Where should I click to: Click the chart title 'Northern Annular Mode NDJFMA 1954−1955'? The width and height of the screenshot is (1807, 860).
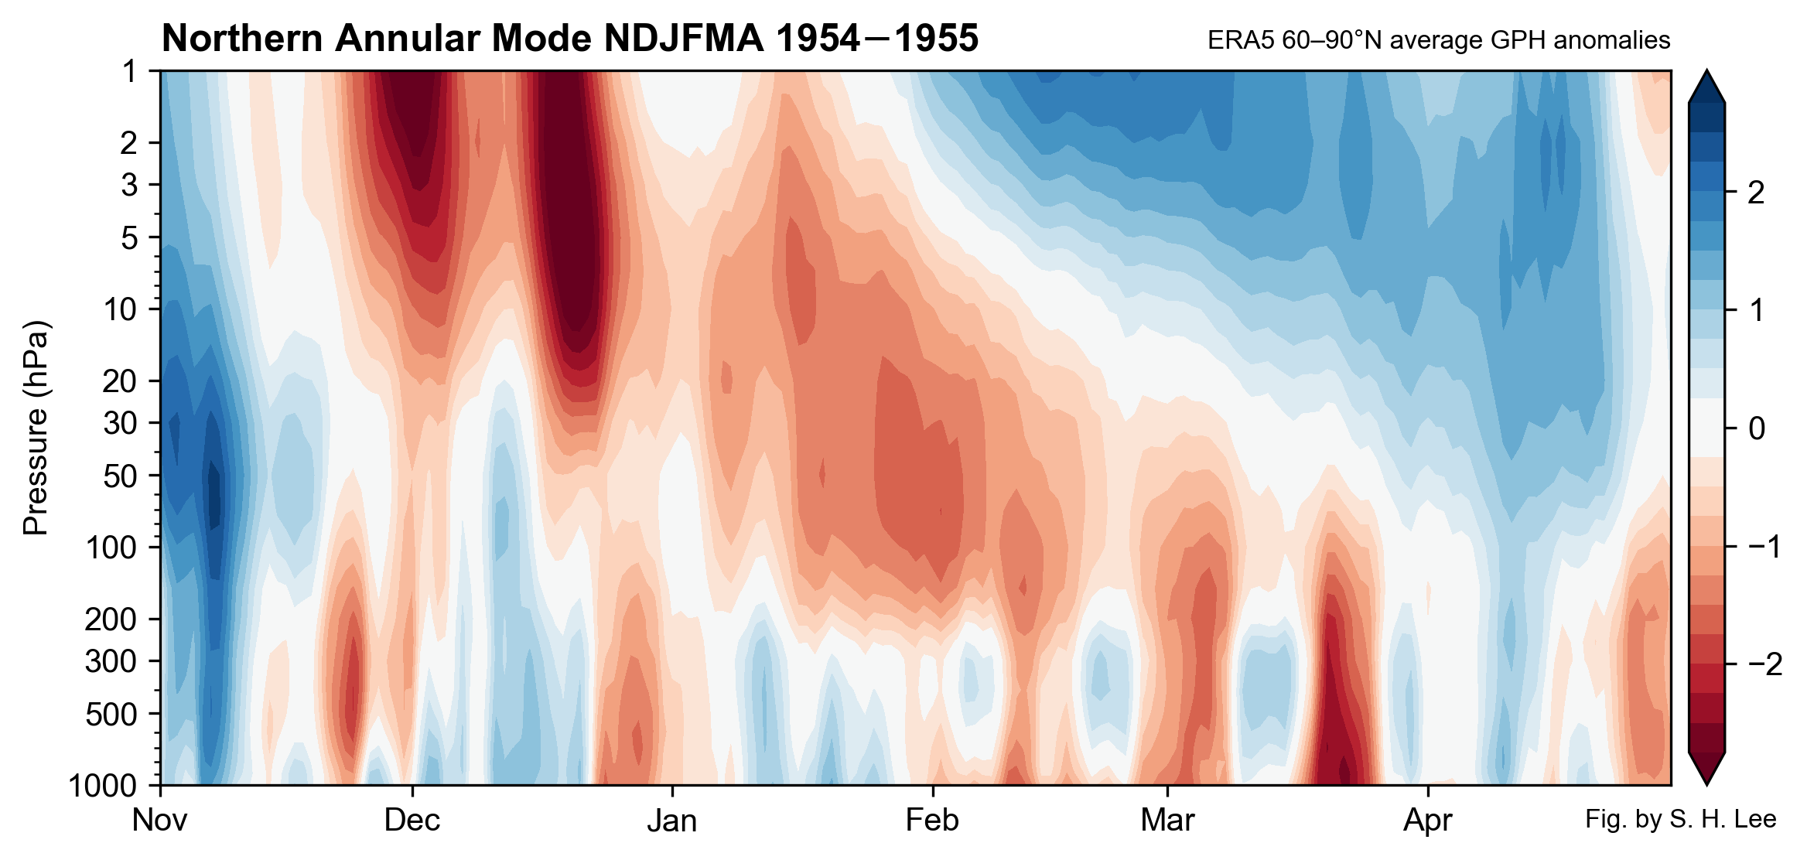(x=570, y=39)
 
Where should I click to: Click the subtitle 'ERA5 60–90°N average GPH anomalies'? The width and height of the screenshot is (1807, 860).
(x=1439, y=40)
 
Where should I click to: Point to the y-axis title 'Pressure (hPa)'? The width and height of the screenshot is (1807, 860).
(x=36, y=428)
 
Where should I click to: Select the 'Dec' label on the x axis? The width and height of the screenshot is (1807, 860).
(x=412, y=821)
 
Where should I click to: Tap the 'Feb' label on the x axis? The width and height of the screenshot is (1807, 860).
(x=932, y=821)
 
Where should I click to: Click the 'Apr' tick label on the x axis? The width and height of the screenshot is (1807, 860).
(x=1427, y=821)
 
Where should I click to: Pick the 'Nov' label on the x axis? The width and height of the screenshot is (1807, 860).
(x=159, y=821)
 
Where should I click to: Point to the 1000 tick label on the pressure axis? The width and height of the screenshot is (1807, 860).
(x=103, y=786)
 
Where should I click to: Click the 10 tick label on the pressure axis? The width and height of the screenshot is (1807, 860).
(x=119, y=309)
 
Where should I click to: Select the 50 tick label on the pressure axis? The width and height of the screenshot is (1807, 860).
(x=119, y=476)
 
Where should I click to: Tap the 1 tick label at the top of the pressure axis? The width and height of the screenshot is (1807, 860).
(x=129, y=71)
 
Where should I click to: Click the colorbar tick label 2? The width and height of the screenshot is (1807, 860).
(x=1756, y=193)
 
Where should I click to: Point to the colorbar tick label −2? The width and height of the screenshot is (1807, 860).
(x=1764, y=664)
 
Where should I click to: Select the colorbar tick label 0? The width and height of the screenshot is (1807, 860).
(x=1756, y=428)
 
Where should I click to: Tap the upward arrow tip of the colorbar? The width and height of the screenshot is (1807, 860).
(x=1706, y=74)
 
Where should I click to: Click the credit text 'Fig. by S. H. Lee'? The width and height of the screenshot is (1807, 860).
(x=1680, y=819)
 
